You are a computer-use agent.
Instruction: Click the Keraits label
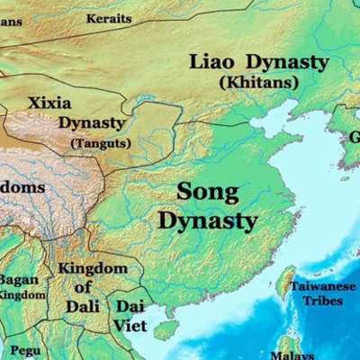point(109,18)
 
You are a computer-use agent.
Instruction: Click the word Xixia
point(50,103)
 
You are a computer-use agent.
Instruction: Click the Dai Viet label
point(130,314)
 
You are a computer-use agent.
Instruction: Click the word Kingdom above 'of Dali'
point(92,268)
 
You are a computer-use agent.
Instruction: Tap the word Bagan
point(18,279)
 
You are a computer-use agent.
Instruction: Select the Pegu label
point(20,349)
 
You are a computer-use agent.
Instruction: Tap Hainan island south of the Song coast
point(166,330)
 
